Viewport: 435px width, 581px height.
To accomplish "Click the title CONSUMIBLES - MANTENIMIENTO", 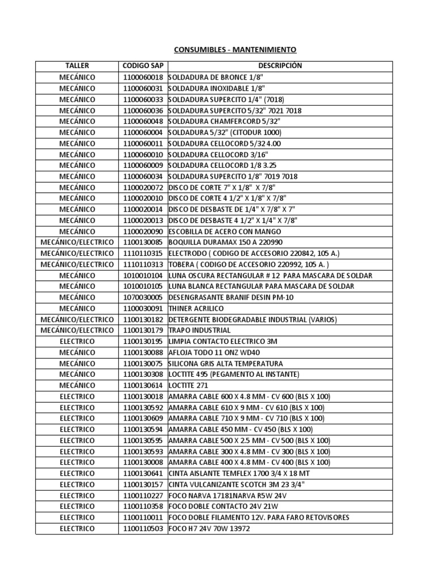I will point(226,50).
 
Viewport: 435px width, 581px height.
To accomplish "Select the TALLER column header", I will point(77,66).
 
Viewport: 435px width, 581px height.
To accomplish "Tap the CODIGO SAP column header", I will point(143,66).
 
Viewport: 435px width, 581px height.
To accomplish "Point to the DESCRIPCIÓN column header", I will point(280,66).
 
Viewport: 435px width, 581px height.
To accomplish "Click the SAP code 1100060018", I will point(143,77).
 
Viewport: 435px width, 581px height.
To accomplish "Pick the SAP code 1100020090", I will point(143,231).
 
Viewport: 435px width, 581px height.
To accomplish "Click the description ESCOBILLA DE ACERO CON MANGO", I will point(224,231).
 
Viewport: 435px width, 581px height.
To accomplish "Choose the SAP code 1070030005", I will point(143,297).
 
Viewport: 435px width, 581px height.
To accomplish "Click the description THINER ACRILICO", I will point(196,308).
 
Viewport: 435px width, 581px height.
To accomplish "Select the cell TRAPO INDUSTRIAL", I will point(199,330).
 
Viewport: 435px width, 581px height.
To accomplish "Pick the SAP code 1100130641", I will point(143,473).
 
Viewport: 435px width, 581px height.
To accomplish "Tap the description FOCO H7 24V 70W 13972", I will point(209,528).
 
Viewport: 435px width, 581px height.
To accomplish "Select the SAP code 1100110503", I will point(143,528).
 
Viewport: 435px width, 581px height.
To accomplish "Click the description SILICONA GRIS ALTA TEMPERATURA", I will point(225,363).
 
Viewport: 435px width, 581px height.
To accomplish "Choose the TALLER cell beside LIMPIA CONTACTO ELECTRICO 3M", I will point(77,342).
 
